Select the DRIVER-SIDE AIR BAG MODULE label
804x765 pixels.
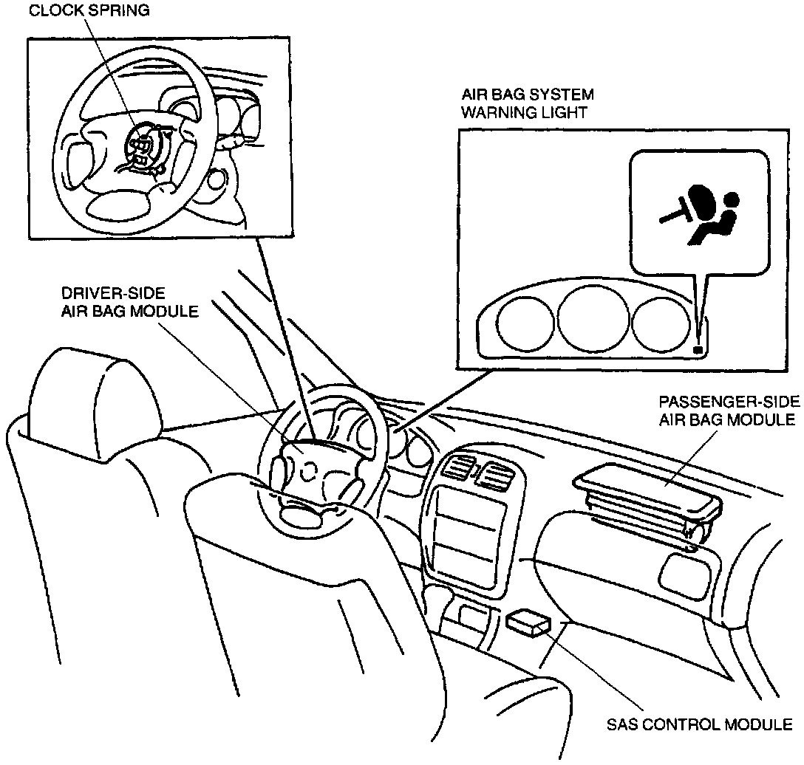[x=129, y=302]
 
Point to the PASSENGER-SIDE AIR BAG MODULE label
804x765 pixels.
[x=729, y=411]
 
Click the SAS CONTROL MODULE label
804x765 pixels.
[x=700, y=724]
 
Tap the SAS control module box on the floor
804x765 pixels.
[x=528, y=623]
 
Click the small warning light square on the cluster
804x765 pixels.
[x=697, y=349]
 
